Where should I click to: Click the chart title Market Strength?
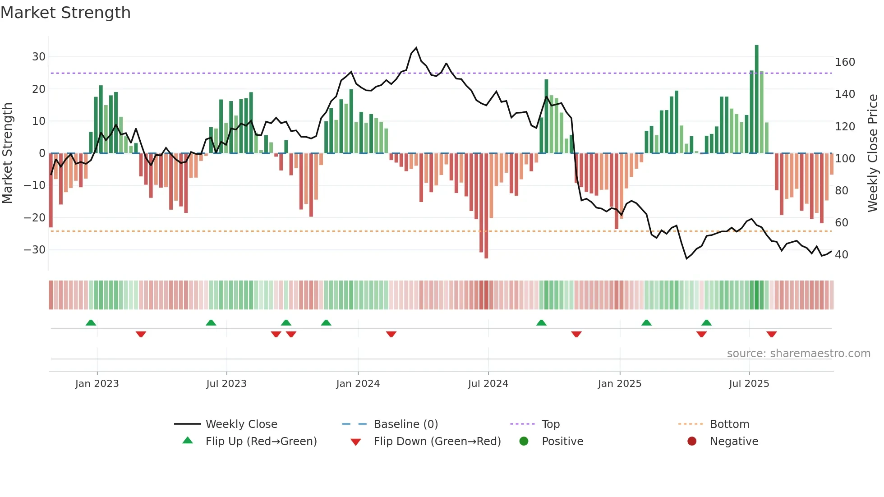tap(65, 13)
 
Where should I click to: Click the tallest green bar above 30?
tap(756, 99)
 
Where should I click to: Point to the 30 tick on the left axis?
tap(39, 57)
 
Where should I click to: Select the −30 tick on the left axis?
tap(35, 249)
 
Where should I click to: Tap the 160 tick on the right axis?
tap(845, 62)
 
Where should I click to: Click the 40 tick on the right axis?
tap(842, 254)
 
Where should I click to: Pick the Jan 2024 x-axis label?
tap(358, 384)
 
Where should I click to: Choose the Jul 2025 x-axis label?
tap(749, 384)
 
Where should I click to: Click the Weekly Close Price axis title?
tap(873, 153)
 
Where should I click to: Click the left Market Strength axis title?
tap(7, 153)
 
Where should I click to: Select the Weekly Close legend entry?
tap(241, 424)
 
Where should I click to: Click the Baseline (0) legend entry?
tap(405, 424)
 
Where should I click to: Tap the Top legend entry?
tap(550, 424)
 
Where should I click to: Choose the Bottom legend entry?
tap(729, 424)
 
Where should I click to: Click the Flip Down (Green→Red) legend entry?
tap(437, 442)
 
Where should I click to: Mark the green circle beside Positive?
tap(524, 441)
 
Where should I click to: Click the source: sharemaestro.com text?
tap(798, 354)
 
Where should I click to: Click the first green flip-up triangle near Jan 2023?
tap(91, 322)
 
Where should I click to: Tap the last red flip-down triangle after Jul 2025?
tap(772, 334)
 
